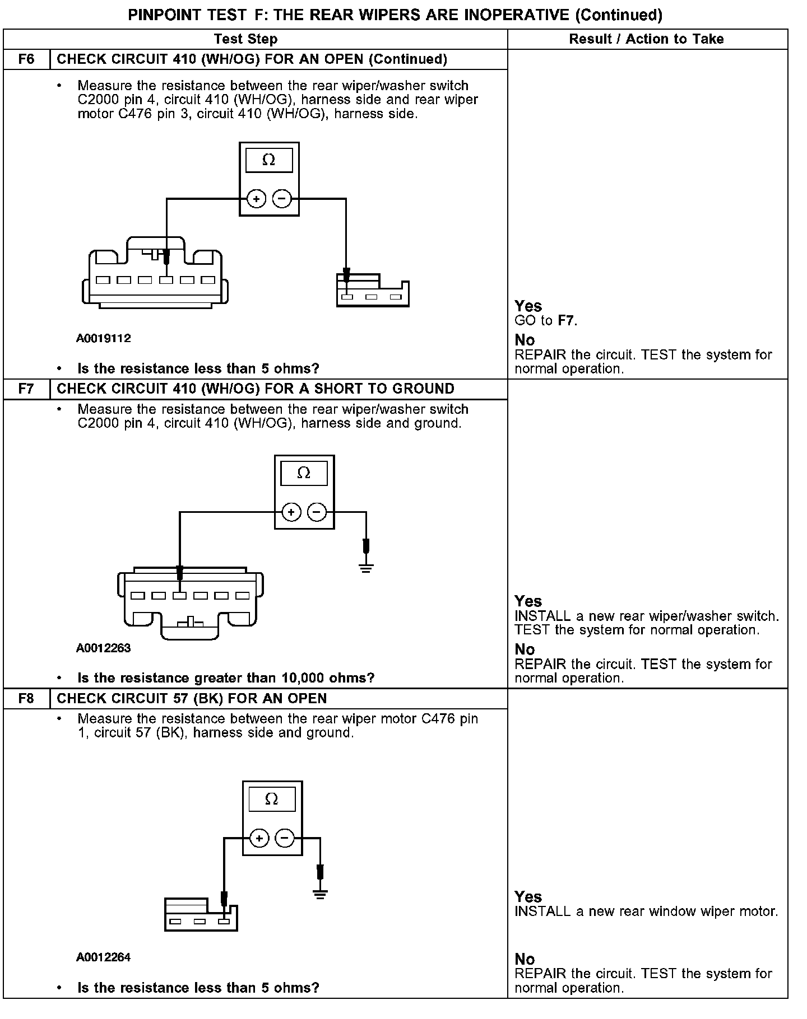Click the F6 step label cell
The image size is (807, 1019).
click(x=26, y=59)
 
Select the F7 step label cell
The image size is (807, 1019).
click(x=26, y=389)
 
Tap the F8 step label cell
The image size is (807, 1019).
click(x=26, y=699)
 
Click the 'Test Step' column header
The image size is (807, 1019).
click(x=245, y=39)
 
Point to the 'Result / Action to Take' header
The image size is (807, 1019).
click(x=646, y=39)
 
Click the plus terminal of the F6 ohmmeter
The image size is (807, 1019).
click(x=257, y=199)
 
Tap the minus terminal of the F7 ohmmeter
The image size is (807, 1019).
click(x=317, y=512)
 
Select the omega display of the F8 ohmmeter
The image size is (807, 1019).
click(x=271, y=799)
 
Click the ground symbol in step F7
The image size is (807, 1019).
click(x=366, y=568)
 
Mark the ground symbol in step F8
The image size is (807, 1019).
click(x=320, y=894)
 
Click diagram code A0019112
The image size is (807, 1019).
click(x=104, y=338)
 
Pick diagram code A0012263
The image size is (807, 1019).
click(x=104, y=648)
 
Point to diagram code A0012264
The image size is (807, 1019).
click(x=104, y=957)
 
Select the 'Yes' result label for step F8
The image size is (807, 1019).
click(x=528, y=896)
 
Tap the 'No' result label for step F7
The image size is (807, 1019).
click(x=525, y=649)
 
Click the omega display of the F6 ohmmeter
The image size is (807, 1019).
click(x=269, y=160)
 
